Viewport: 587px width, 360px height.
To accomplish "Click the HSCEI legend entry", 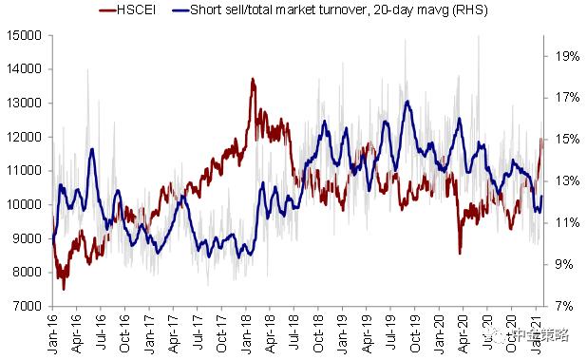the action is (x=127, y=9).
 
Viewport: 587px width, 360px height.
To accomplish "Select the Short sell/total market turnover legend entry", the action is (x=330, y=9).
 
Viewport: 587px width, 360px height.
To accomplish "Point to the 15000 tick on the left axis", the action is (x=24, y=35).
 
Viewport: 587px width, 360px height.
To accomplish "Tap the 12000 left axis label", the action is (x=24, y=137).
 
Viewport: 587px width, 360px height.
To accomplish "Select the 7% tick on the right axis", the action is (x=564, y=306).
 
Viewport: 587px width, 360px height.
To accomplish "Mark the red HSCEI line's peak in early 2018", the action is (x=253, y=79).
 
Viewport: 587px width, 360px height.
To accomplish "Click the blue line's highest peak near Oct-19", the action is (x=407, y=101).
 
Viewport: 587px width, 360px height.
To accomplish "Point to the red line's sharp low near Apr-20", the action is (x=460, y=254).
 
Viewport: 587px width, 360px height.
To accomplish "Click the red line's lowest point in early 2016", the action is (x=64, y=289).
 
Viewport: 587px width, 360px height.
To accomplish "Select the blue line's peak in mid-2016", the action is (x=92, y=149).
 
